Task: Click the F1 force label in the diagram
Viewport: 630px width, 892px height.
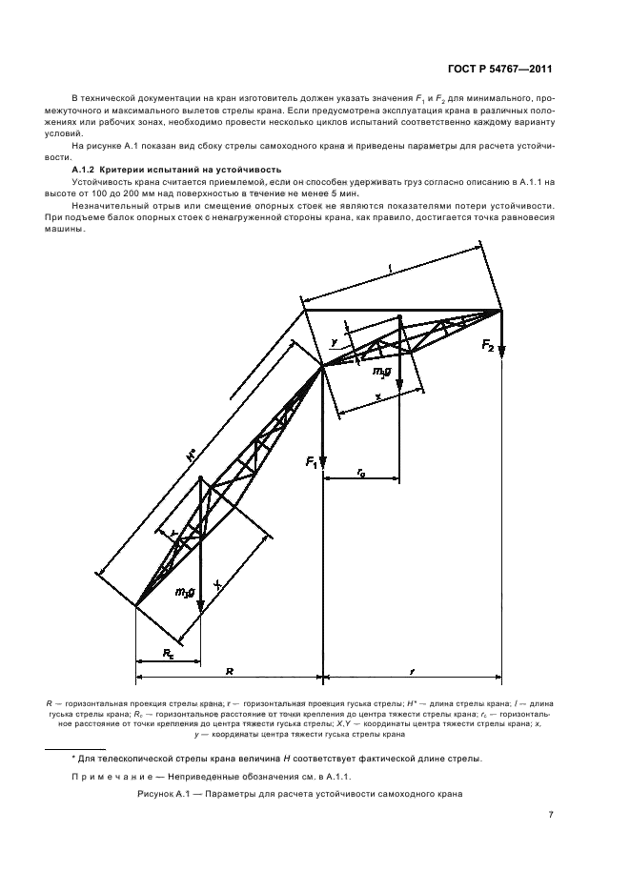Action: (311, 462)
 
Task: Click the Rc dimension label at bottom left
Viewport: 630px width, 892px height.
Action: (167, 655)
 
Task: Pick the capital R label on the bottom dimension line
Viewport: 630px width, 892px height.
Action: (229, 672)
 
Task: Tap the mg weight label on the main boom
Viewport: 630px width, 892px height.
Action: (185, 593)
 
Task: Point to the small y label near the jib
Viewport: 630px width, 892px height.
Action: (335, 341)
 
